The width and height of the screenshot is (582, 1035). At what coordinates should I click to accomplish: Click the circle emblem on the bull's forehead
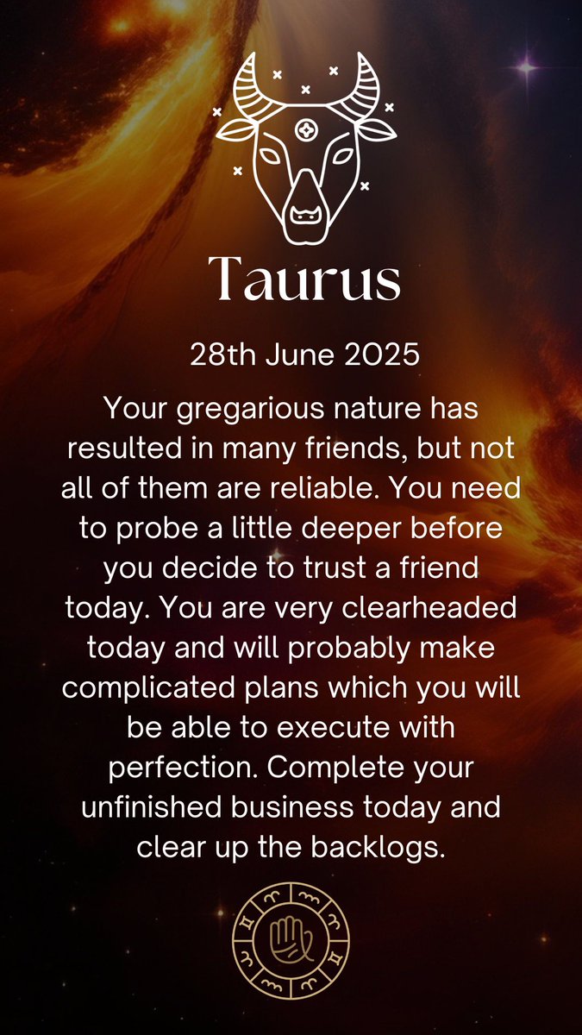305,129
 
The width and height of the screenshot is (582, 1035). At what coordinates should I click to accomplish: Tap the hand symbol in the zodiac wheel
291,937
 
